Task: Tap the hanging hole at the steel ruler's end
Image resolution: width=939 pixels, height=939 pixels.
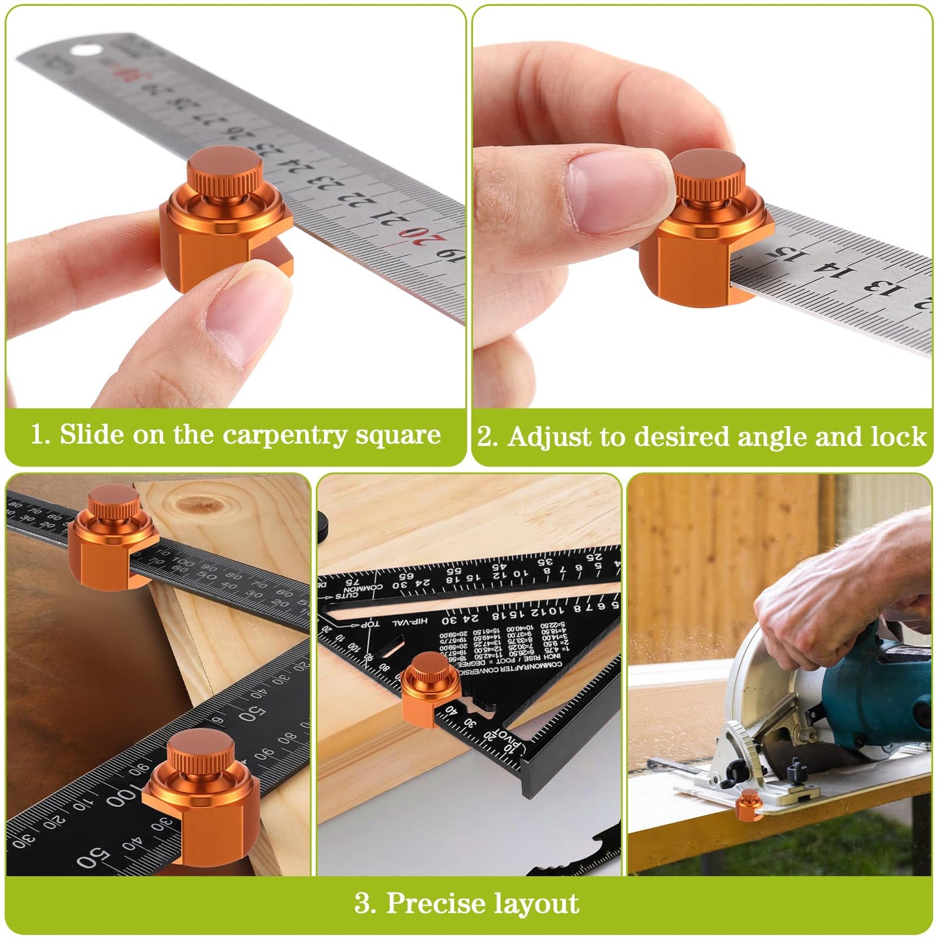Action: tap(83, 50)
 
